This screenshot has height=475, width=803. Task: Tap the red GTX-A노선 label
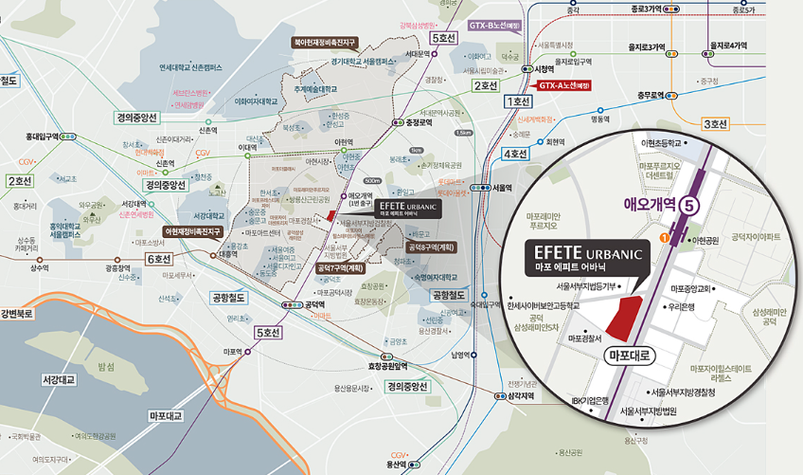tap(564, 84)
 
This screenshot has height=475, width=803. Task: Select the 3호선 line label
tap(714, 124)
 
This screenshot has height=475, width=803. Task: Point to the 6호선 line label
tap(157, 258)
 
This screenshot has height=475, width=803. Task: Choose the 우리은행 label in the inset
tap(682, 307)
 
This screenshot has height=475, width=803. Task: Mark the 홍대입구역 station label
tap(39, 137)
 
